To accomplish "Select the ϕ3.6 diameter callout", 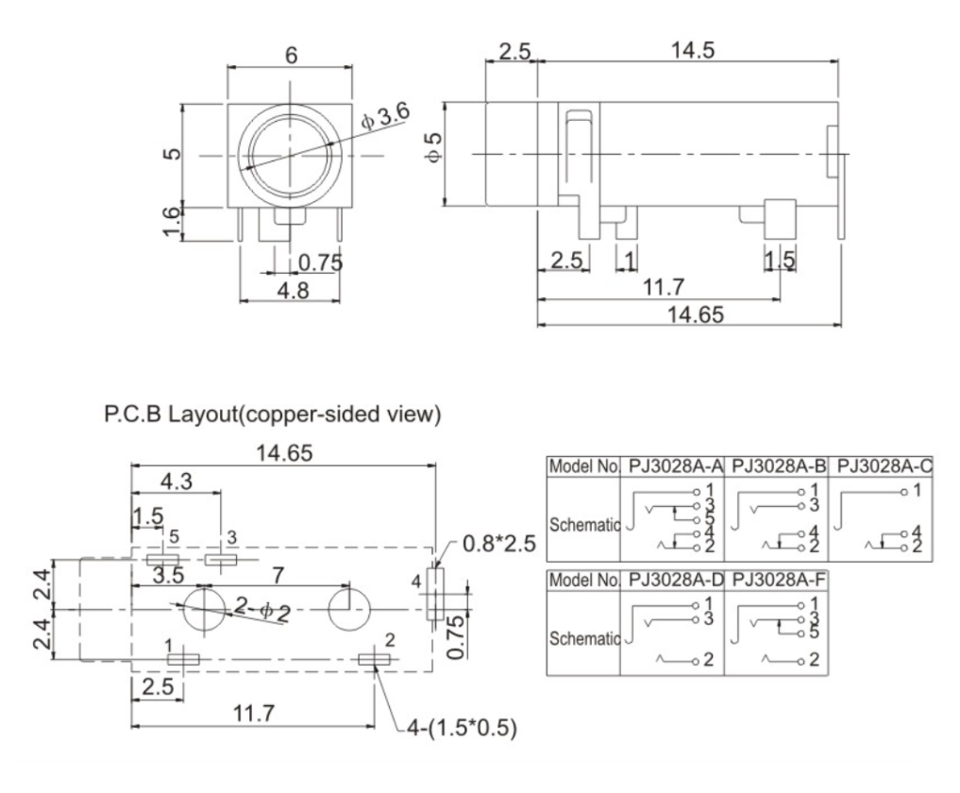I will tap(384, 120).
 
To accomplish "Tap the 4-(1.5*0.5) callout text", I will tap(457, 730).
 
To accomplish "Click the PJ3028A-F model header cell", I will tap(776, 578).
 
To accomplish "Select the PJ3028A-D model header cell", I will tap(674, 578).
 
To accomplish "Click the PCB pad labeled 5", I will tap(164, 560).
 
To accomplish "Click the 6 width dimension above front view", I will tap(291, 56).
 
